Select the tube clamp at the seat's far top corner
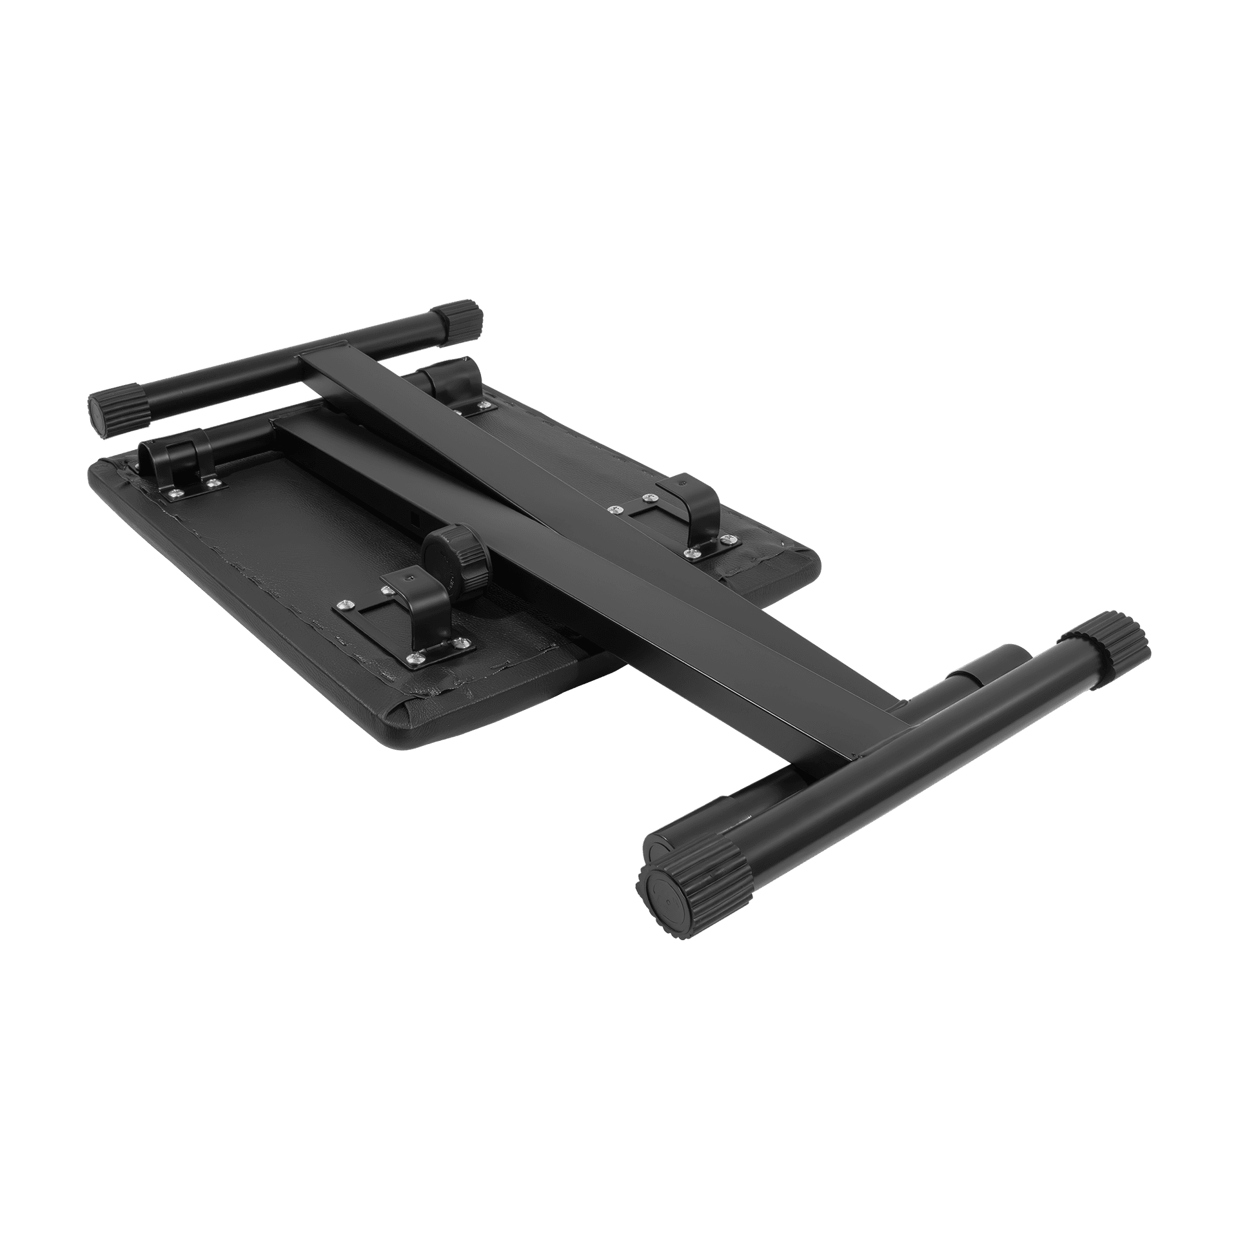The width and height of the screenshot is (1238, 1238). click(x=451, y=384)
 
